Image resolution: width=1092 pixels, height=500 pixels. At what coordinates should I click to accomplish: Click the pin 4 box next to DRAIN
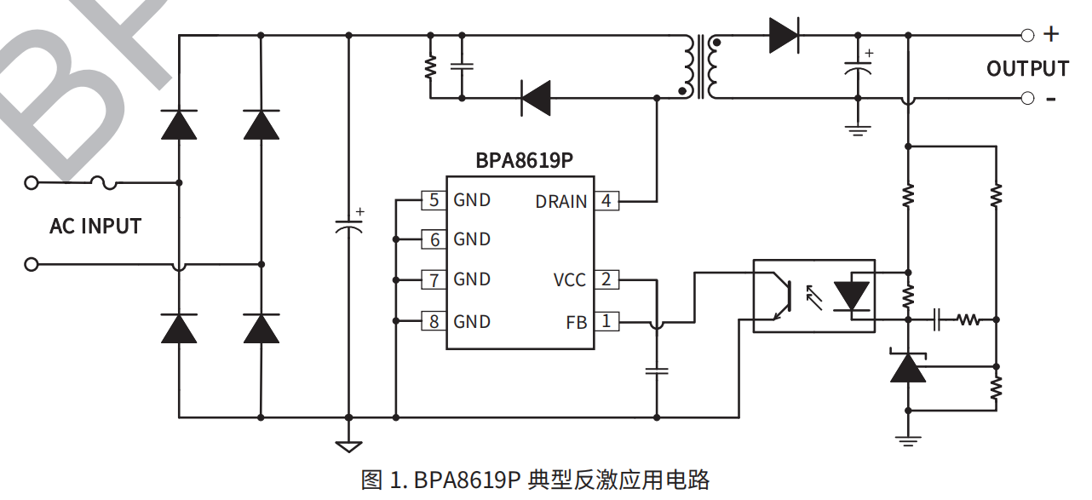click(x=606, y=201)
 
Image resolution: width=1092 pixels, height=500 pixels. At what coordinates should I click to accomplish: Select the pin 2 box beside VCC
click(x=606, y=279)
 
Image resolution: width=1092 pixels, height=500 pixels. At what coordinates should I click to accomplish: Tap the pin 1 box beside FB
click(x=606, y=322)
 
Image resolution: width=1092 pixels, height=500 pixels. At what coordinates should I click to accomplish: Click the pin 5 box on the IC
click(x=434, y=200)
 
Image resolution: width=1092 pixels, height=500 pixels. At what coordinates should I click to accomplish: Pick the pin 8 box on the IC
click(x=434, y=321)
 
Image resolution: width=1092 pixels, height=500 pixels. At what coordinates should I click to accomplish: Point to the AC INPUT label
click(x=95, y=227)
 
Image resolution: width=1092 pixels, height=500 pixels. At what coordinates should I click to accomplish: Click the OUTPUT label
click(x=1027, y=68)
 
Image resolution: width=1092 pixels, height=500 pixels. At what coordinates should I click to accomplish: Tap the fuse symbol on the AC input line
click(x=104, y=182)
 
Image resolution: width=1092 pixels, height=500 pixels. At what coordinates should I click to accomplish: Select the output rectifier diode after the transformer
click(x=783, y=36)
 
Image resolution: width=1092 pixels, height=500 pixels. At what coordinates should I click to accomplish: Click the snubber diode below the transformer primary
click(x=536, y=98)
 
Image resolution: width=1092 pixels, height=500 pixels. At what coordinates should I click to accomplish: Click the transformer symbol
click(x=699, y=66)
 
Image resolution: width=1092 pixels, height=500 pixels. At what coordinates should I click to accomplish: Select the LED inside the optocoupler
click(x=851, y=296)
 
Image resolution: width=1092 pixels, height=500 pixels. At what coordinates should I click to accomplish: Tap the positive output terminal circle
click(x=1027, y=36)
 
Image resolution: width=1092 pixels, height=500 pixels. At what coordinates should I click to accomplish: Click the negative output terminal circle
click(x=1027, y=99)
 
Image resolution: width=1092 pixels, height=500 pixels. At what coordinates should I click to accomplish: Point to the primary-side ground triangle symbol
click(x=348, y=446)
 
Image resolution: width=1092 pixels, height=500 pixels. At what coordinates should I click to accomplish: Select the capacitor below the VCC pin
click(x=656, y=371)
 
